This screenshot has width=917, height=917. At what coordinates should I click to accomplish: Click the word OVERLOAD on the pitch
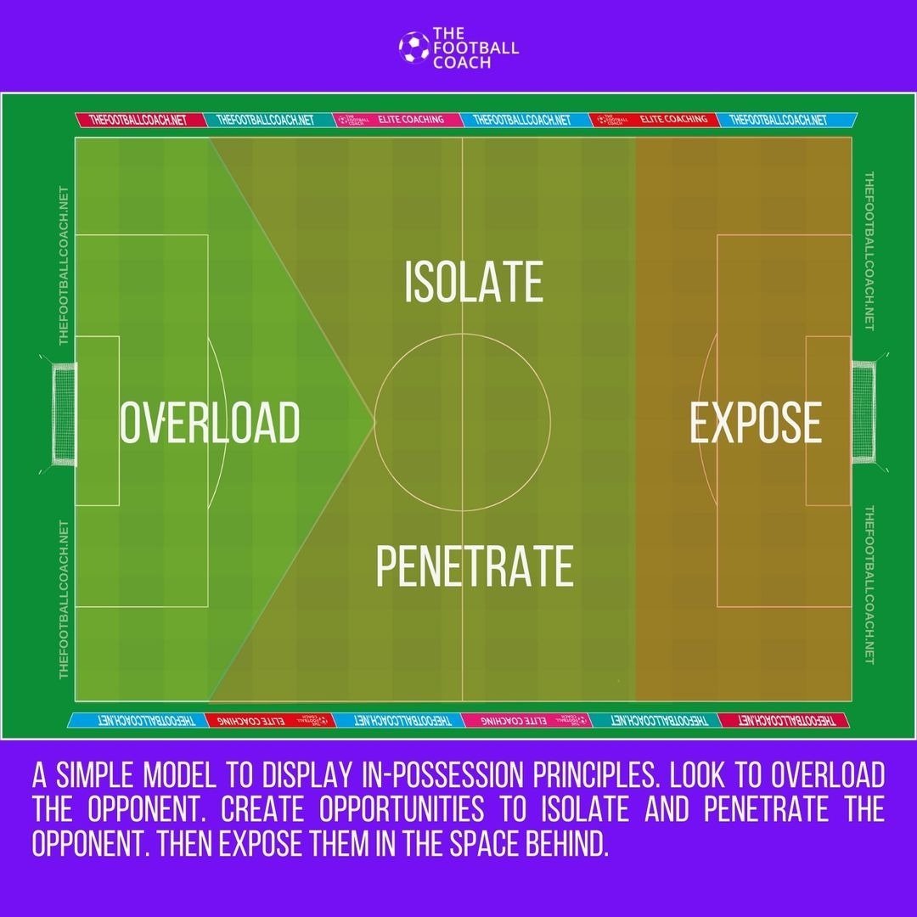coord(210,423)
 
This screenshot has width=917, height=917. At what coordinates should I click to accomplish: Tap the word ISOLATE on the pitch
coord(473,283)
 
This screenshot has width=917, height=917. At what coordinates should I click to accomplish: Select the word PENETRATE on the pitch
coord(474,566)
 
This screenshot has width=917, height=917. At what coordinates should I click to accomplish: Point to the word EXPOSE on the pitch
coord(755,423)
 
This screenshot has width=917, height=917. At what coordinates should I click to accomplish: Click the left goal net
coord(65,413)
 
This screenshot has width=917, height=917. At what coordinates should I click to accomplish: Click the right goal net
coord(863,413)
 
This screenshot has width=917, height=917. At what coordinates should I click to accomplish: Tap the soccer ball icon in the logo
coord(413,47)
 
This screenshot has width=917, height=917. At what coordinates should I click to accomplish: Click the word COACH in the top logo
coord(461,62)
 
